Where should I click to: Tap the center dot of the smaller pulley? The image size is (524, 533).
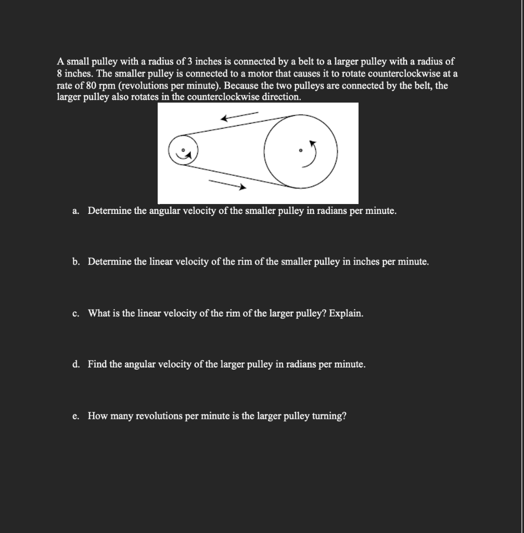(x=183, y=149)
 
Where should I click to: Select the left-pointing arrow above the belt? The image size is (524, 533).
(x=239, y=117)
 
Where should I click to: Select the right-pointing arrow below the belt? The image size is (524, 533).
(x=227, y=184)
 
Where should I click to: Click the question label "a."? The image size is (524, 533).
(x=76, y=211)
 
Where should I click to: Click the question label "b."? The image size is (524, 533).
(x=76, y=262)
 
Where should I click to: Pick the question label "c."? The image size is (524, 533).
(x=76, y=313)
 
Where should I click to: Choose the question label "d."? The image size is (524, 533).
(x=76, y=364)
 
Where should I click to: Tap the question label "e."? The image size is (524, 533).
(x=76, y=416)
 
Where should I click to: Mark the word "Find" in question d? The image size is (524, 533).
(x=97, y=364)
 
